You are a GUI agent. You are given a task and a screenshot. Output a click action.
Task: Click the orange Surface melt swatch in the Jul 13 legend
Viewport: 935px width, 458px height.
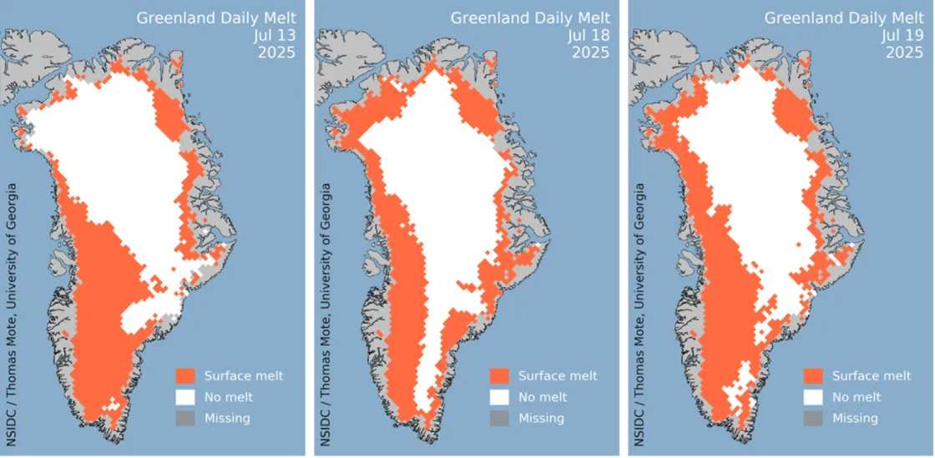tap(185, 375)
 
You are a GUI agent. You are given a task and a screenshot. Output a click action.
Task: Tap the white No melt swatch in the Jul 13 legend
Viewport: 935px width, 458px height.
tap(185, 396)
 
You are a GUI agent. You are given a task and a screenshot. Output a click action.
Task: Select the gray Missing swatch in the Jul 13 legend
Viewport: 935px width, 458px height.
tap(185, 417)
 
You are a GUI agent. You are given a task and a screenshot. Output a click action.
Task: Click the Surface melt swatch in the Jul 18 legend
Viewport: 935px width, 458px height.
tap(499, 375)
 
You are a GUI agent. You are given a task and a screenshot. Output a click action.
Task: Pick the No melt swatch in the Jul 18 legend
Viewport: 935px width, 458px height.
tap(499, 396)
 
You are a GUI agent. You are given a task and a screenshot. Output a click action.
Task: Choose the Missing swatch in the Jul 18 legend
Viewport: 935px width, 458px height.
tap(499, 417)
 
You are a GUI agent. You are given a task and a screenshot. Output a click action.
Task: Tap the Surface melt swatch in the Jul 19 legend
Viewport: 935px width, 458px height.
tap(813, 375)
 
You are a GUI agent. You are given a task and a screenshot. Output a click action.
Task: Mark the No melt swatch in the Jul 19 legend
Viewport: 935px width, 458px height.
tap(813, 396)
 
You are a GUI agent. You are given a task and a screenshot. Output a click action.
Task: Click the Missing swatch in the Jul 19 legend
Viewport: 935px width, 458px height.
tap(813, 417)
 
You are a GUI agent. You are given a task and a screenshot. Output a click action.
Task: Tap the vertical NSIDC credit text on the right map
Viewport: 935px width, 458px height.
tap(639, 308)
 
